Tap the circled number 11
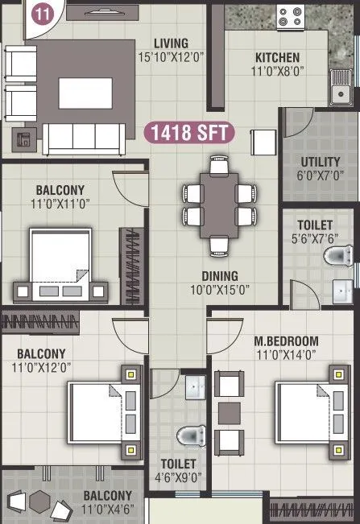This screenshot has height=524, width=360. point(37,12)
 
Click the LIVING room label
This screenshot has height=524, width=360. point(173,43)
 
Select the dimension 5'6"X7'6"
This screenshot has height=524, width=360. point(315,238)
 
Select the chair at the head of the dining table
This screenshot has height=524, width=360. point(219,165)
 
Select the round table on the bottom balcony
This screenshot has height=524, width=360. point(38,501)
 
